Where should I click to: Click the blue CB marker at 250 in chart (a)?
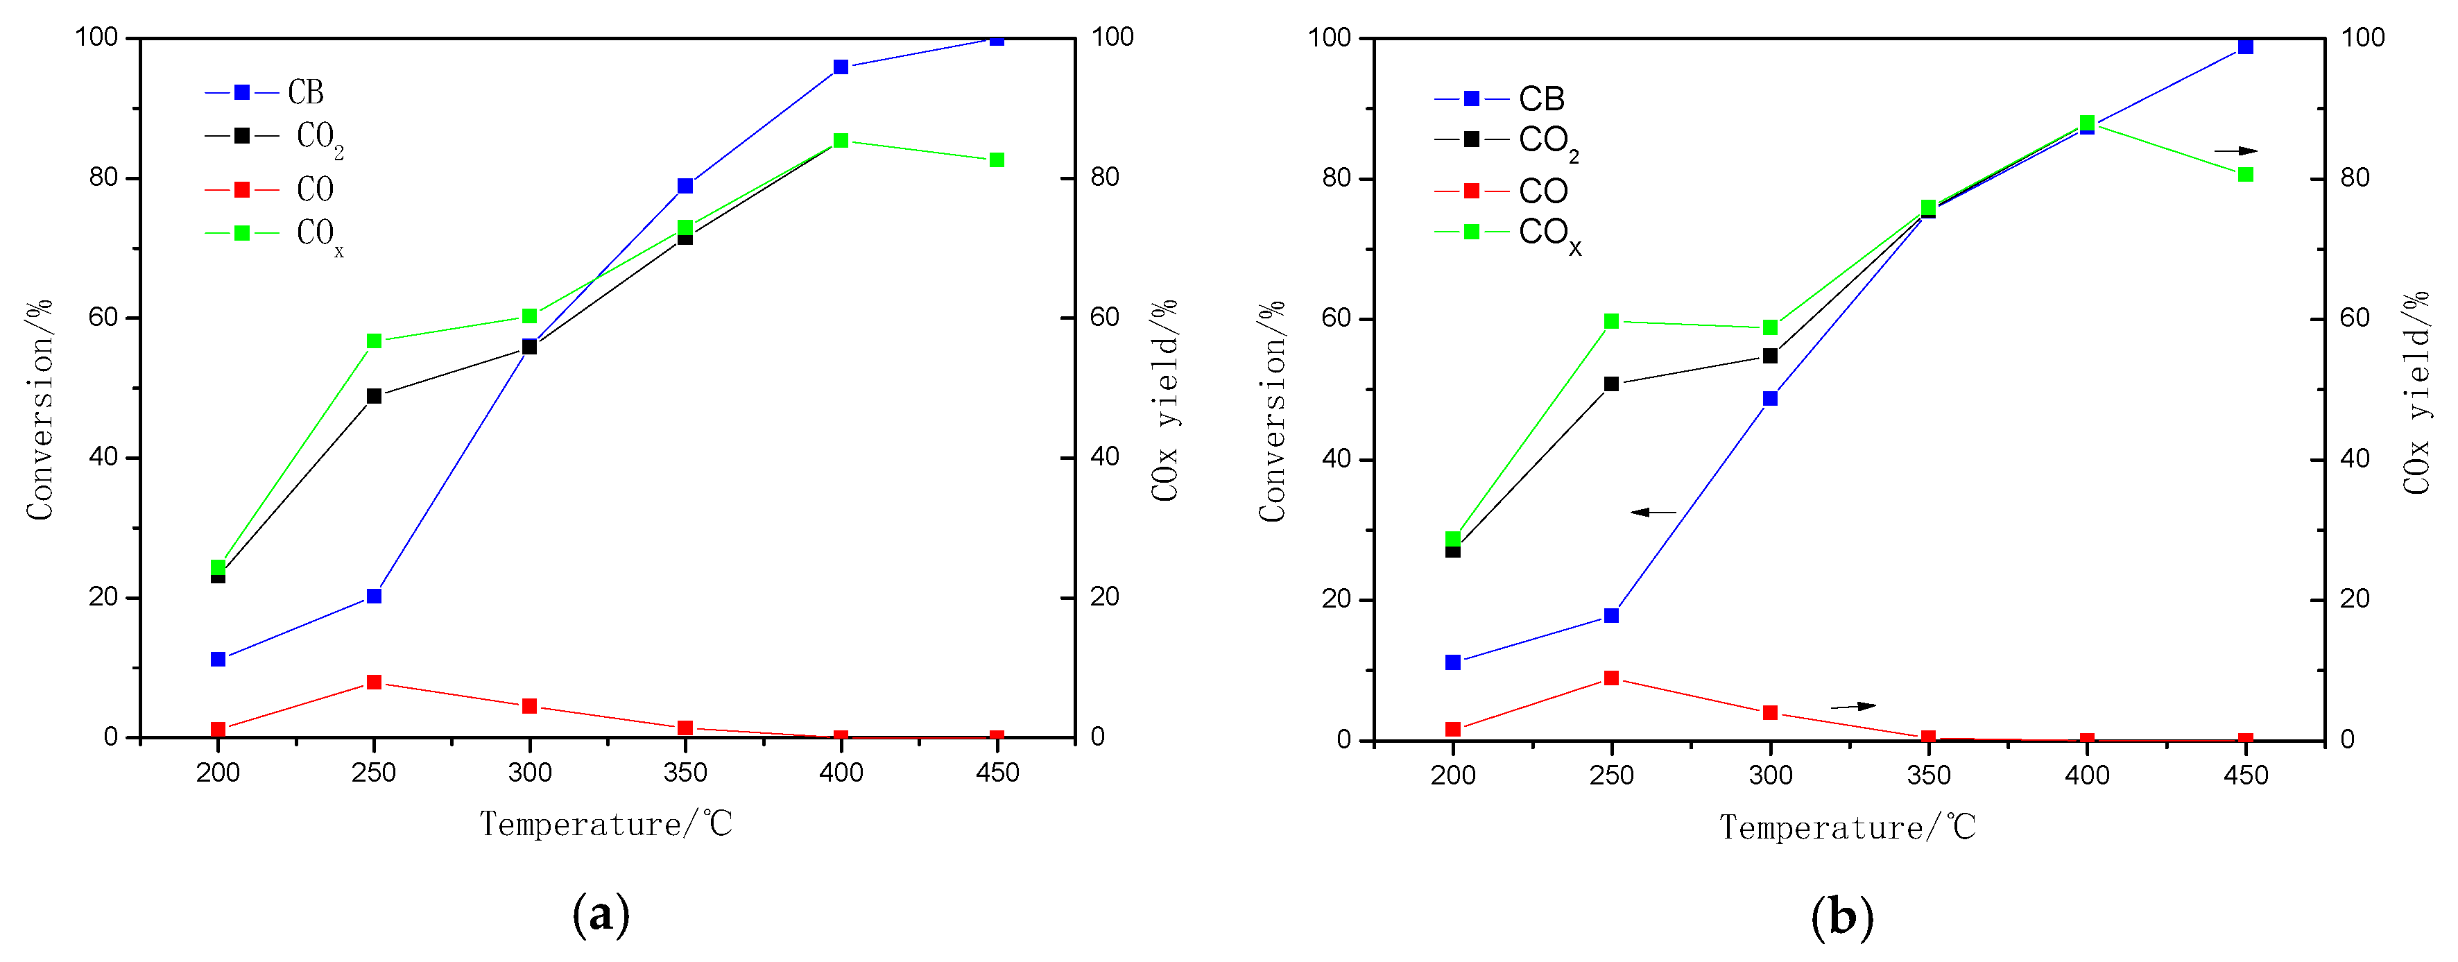374,596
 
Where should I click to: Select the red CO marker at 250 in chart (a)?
374,682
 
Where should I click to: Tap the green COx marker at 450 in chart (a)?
997,160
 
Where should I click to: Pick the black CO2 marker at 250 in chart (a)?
374,396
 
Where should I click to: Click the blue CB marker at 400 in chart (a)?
841,67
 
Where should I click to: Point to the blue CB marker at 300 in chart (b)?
1770,399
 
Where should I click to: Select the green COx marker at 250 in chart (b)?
1612,322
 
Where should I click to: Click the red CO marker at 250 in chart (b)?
1612,678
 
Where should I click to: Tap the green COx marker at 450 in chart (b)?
2246,175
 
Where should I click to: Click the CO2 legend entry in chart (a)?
275,137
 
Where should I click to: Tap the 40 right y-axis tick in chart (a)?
1105,457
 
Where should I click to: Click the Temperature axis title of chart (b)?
1848,827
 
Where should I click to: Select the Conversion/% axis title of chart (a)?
39,411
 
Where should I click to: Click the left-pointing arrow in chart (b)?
1653,513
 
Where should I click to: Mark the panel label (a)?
601,914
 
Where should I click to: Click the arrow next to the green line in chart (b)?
2235,151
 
